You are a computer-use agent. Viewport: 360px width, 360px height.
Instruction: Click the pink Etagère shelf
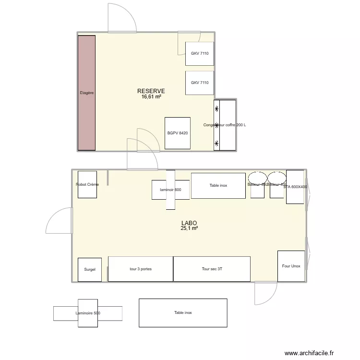87,93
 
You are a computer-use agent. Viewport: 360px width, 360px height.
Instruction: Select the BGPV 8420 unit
178,133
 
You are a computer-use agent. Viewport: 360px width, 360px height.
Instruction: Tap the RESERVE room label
151,91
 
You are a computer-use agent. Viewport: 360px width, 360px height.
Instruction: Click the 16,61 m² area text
151,96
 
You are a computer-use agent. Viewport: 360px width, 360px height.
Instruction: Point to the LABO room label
189,223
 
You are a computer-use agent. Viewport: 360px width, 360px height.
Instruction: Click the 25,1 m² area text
189,228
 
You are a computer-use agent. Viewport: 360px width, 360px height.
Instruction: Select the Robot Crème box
87,184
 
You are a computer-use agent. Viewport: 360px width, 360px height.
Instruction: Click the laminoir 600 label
170,190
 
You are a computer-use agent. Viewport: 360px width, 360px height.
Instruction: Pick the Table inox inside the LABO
218,185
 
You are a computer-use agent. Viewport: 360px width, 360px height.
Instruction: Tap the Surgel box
90,269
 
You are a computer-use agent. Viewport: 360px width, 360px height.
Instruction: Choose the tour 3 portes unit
140,269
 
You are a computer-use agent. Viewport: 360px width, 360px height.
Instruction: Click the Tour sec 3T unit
212,269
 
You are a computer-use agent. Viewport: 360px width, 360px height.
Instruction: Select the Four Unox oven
291,265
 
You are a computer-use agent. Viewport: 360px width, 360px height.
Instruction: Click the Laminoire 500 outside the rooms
88,313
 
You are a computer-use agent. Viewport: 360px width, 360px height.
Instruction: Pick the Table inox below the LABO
183,312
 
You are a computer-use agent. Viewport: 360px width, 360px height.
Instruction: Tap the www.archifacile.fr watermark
309,353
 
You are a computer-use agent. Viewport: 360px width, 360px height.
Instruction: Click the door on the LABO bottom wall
265,293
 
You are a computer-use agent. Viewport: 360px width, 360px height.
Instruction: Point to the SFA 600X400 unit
295,186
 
